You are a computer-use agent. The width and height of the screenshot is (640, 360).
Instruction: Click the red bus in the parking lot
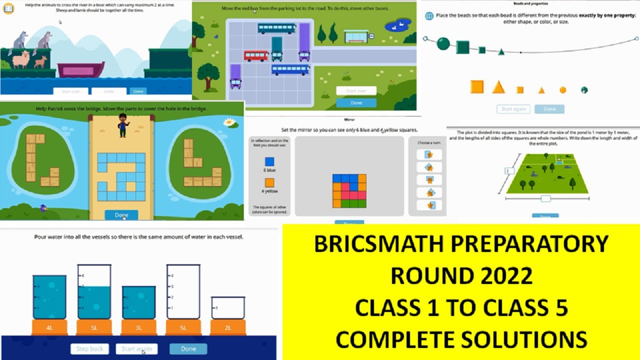[x=256, y=55]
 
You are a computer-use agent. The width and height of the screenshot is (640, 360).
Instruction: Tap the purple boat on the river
[x=81, y=69]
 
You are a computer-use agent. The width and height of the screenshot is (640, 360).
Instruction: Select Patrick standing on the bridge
[x=122, y=125]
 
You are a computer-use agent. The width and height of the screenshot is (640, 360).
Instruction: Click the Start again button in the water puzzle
[x=136, y=348]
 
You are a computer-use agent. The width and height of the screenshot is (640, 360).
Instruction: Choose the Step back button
[x=90, y=348]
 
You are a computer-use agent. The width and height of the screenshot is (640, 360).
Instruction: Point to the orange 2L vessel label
[x=227, y=328]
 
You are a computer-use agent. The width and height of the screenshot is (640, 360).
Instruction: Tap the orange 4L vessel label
[x=49, y=328]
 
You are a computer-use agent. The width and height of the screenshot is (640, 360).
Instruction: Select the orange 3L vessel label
[x=138, y=328]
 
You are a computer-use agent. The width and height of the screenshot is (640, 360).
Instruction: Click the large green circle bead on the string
[x=443, y=44]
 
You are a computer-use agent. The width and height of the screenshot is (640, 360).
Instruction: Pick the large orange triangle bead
[x=498, y=87]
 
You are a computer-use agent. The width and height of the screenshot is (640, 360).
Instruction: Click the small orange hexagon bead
[x=562, y=90]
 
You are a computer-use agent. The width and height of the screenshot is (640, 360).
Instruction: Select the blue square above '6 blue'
[x=269, y=161]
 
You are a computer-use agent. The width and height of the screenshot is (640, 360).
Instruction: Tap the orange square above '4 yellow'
[x=269, y=182]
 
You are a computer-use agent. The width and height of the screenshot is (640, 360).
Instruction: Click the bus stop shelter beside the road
[x=356, y=35]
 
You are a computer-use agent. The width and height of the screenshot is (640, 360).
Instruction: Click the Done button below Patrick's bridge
[x=121, y=215]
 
